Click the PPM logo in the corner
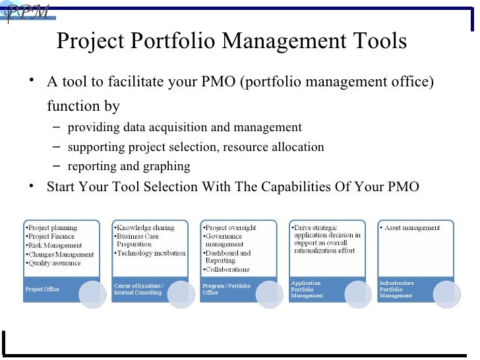26,12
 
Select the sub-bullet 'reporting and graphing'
129,166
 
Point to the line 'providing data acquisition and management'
185,127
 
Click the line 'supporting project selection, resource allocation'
196,147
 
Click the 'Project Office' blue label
42,289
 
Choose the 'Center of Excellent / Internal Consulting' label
138,289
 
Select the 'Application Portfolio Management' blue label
309,289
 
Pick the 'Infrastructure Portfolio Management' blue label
397,289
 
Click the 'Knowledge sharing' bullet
146,228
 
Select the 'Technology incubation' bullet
150,253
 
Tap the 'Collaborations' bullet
227,269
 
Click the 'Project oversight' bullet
231,228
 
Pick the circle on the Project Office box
94,292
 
